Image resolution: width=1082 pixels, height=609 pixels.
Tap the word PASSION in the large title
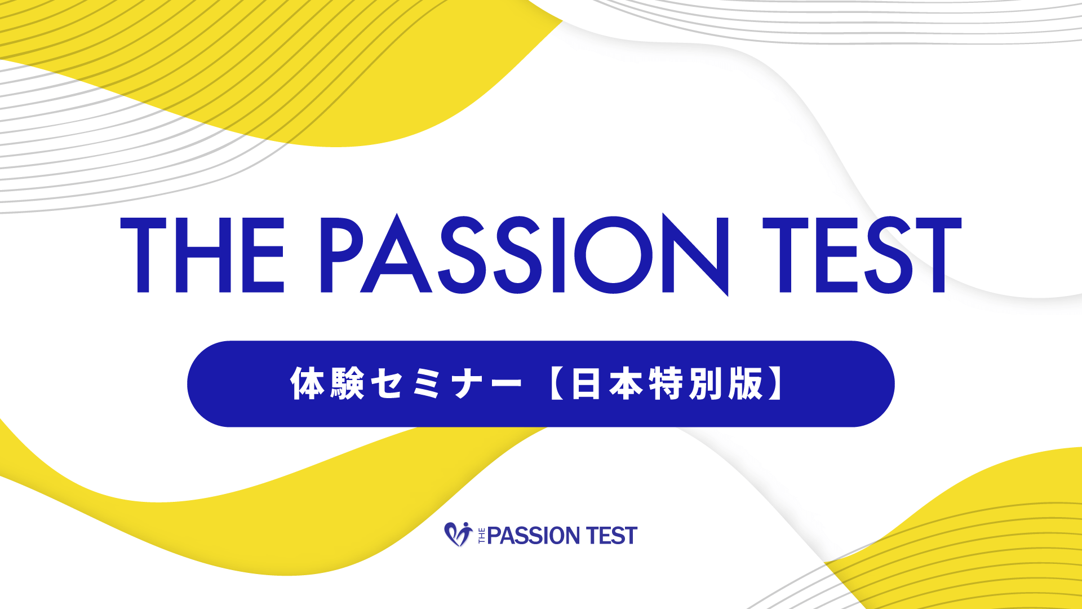pyautogui.click(x=525, y=254)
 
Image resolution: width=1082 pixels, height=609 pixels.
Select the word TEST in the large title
pyautogui.click(x=862, y=255)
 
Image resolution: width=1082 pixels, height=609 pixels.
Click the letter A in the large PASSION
pyautogui.click(x=397, y=253)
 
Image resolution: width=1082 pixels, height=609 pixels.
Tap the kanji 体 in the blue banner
pyautogui.click(x=308, y=383)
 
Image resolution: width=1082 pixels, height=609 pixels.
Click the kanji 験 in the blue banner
pyautogui.click(x=347, y=383)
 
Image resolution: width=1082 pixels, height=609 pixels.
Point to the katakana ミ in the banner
pyautogui.click(x=426, y=384)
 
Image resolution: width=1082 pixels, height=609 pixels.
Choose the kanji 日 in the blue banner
pyautogui.click(x=586, y=383)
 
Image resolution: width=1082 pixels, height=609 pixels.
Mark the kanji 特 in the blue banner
pyautogui.click(x=666, y=383)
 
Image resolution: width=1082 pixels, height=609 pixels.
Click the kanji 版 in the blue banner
pyautogui.click(x=746, y=383)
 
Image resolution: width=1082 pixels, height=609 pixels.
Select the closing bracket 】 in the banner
pyautogui.click(x=775, y=383)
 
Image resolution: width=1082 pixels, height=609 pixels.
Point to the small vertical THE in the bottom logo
pyautogui.click(x=482, y=535)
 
